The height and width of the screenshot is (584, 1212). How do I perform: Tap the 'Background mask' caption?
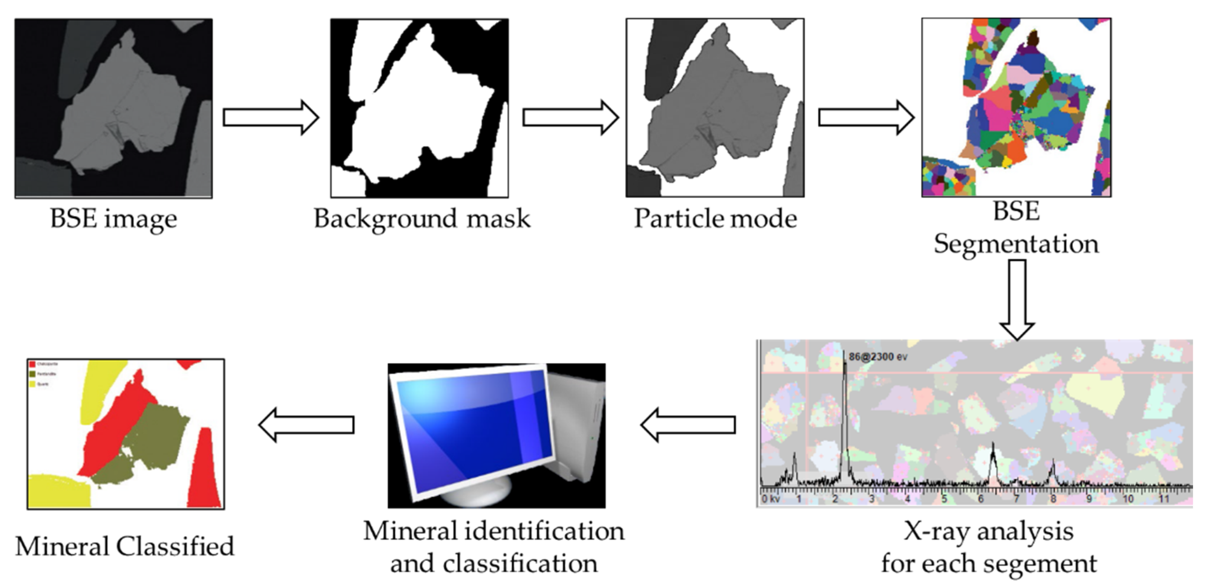coord(422,219)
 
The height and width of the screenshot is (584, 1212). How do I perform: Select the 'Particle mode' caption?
coord(715,219)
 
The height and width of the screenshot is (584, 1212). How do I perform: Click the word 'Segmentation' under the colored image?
coord(1016,244)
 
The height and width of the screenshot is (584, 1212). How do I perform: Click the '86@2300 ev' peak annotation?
coord(878,357)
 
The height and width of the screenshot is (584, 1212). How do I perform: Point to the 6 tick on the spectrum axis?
coord(981,499)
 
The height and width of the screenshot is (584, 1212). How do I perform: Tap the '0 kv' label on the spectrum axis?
coord(771,499)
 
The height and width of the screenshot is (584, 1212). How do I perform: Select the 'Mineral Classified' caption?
coord(125,546)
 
